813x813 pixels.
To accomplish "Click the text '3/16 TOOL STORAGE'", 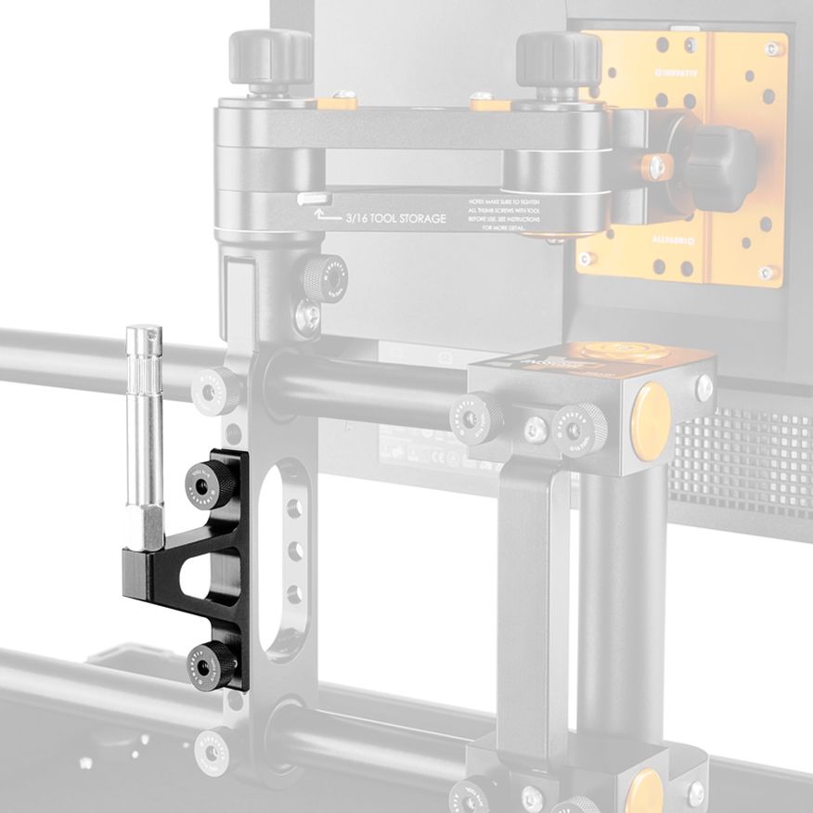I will tap(395, 219).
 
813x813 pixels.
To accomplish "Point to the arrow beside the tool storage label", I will tap(325, 216).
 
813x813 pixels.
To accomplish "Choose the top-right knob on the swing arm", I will tap(558, 58).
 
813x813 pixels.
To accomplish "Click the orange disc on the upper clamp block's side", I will tap(653, 408).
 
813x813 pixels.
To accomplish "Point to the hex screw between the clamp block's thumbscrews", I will tap(535, 427).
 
